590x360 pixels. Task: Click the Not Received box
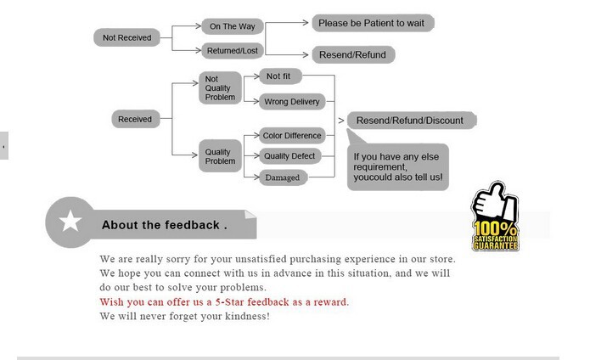pos(126,37)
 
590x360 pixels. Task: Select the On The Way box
pos(232,26)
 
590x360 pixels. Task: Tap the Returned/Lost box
pos(232,51)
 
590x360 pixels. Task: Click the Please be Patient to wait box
pos(373,23)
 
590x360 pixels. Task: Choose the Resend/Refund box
pos(353,55)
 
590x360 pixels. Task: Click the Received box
pos(136,119)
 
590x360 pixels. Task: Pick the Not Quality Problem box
pos(220,88)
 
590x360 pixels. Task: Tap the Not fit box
pos(281,76)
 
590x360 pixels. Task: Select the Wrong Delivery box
pos(292,102)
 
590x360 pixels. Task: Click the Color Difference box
pos(292,135)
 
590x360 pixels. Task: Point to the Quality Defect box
pos(289,156)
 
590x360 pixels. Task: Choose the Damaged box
pos(283,177)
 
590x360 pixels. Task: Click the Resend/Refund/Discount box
pos(411,121)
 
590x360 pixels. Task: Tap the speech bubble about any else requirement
pos(398,166)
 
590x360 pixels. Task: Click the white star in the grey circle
pos(70,221)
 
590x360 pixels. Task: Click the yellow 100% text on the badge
pos(495,228)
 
